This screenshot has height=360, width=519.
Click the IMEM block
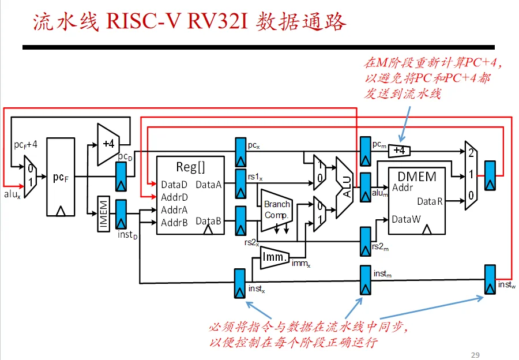pos(104,213)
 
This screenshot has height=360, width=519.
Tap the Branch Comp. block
pos(277,210)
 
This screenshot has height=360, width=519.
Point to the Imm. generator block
pos(274,257)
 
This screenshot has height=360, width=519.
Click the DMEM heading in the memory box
pos(417,177)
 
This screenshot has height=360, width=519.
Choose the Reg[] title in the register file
pos(190,167)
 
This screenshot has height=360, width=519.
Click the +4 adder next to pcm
pos(399,151)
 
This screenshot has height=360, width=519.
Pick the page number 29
pos(475,355)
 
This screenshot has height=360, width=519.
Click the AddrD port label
pos(174,197)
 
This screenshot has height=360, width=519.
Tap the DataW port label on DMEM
pos(406,219)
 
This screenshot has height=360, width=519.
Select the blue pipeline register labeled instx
pos(240,283)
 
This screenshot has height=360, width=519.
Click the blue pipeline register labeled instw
pos(490,280)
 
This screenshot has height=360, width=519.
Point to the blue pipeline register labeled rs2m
pos(366,241)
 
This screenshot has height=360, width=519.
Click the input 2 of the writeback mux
pos(471,153)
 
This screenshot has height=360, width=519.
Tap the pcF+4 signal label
pos(25,145)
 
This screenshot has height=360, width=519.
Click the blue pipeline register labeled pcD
pos(121,176)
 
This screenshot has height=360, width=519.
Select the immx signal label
pos(301,264)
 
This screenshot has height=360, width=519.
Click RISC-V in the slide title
pos(143,22)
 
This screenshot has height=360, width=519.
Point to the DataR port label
pos(430,201)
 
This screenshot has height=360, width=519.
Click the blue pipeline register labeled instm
pos(366,280)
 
